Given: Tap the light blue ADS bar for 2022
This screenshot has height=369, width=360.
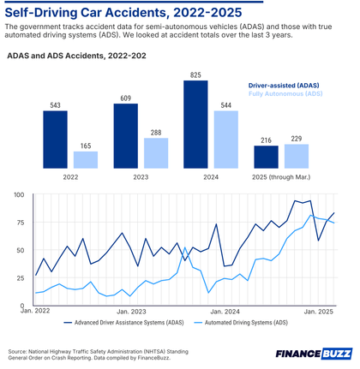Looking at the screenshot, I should coord(87,159).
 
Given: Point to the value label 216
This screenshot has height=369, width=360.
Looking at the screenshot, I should coord(265,139).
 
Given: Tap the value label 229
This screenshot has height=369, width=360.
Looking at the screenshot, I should coord(296,138).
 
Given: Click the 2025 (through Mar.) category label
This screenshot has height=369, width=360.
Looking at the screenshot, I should coord(280,178).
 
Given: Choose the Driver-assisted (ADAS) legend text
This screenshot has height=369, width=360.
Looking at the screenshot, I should coord(285,86).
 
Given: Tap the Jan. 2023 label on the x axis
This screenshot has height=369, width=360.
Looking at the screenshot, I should coord(132,312).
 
